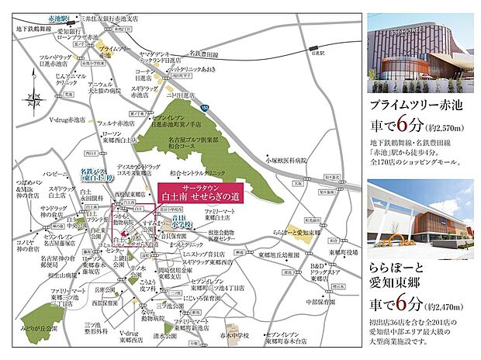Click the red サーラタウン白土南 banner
199,192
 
